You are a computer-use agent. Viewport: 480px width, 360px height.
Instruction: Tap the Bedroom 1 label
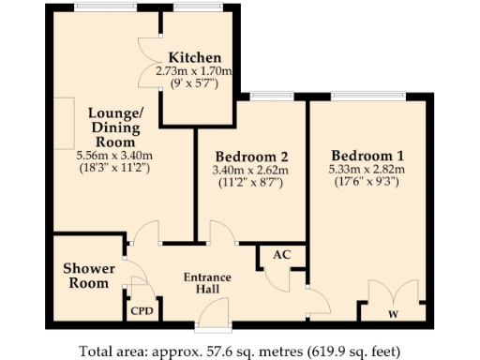pos(367,155)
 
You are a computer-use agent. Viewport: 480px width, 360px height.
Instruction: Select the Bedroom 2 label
pos(250,156)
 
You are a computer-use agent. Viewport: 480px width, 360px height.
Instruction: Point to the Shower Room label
pos(89,276)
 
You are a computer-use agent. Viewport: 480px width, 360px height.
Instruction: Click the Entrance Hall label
pos(206,284)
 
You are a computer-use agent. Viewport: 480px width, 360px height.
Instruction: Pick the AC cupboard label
pos(280,254)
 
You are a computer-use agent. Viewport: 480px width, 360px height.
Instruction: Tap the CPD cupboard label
pos(142,310)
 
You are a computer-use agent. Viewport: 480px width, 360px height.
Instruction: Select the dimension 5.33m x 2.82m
pos(367,170)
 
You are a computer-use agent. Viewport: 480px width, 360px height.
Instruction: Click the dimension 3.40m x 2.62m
pos(250,171)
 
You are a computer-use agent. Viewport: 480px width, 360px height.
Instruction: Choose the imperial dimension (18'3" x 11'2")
pos(115,170)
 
